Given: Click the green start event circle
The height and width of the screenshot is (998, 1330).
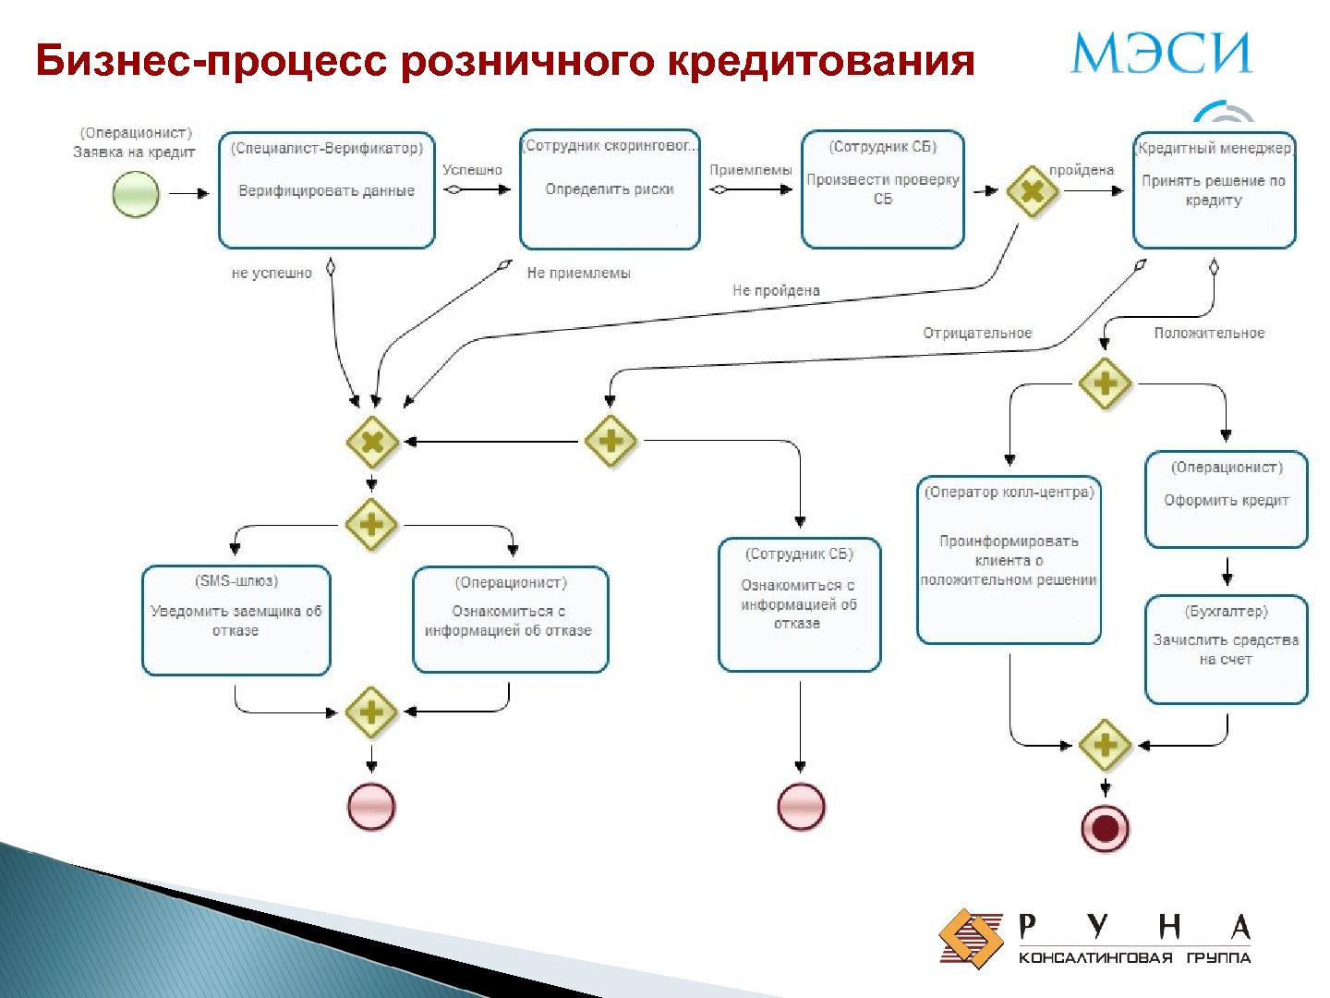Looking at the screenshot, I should coord(136,195).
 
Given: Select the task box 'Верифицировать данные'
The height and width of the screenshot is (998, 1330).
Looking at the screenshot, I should coord(326,190).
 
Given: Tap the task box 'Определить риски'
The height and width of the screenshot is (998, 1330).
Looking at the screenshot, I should coord(610,189).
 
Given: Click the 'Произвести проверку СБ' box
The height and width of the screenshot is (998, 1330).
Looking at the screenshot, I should coord(882,189).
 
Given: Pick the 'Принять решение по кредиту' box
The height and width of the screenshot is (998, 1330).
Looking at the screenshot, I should coord(1214,190).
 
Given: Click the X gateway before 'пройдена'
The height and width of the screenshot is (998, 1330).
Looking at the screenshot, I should coord(1031,191).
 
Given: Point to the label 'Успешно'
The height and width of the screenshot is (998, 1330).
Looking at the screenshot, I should coord(472,170).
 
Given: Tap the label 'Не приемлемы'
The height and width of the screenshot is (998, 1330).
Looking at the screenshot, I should coord(578,273).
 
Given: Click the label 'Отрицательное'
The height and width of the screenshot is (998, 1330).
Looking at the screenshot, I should coord(977,333).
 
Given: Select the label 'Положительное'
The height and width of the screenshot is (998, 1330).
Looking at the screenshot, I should coord(1209,333).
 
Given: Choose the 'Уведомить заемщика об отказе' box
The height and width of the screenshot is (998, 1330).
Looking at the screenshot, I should coord(236,620).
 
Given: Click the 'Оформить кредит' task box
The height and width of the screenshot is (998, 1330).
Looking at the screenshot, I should coord(1226,499).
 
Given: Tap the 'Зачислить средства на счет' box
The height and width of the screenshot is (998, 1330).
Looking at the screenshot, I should coord(1226,649).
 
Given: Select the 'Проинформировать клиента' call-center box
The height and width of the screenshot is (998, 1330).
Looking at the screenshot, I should coord(1009,560).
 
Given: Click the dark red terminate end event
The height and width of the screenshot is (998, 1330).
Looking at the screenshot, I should coord(1105,828).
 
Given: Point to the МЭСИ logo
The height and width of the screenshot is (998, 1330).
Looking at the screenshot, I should coord(1161,53).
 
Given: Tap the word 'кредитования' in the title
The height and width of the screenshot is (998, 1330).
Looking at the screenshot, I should coord(821,60).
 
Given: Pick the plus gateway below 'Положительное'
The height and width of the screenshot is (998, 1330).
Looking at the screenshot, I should coord(1105,383).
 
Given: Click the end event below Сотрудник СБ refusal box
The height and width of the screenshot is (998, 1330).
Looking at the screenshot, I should coord(800,806).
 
